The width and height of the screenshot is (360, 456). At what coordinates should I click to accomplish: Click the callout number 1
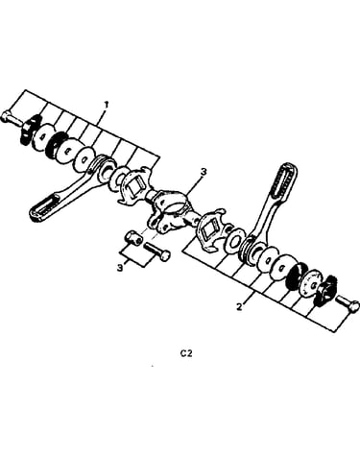pos(107,105)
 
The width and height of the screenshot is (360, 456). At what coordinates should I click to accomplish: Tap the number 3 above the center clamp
pos(204,172)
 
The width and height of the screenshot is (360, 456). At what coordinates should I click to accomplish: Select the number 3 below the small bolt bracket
pos(120,268)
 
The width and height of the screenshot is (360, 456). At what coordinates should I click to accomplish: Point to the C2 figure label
pos(186,354)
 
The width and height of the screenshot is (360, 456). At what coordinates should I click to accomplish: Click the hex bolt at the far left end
pos(12,118)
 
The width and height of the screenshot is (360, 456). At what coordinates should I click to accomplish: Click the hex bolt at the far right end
pos(348,303)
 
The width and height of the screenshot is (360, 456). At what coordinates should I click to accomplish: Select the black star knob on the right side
pos(323,290)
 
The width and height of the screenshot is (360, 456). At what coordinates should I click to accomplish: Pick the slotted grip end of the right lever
pos(283,180)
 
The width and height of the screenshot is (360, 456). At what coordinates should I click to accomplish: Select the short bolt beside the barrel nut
pos(157,252)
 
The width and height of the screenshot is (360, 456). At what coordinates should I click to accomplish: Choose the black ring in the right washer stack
pos(294,275)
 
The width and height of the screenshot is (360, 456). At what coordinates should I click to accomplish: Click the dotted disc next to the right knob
pos(309,283)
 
